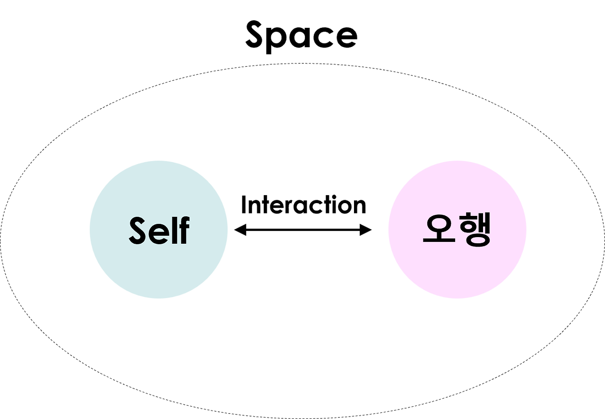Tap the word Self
pos(159,230)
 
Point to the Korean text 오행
pos(457,230)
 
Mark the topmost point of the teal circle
pos(158,160)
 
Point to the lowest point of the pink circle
pos(457,299)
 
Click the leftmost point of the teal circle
pos(89,230)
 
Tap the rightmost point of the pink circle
pos(527,230)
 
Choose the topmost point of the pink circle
pos(457,160)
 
